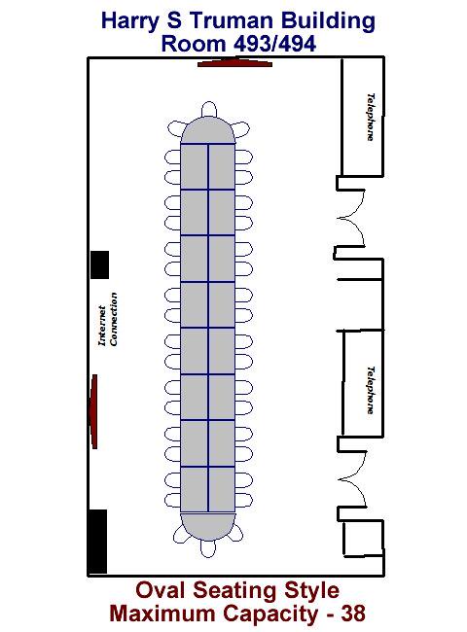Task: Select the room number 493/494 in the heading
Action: (275, 44)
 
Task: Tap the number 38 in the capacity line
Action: (353, 614)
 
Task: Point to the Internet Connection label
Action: (108, 319)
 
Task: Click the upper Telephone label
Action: (371, 117)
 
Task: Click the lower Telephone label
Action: (371, 390)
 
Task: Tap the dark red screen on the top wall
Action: (234, 63)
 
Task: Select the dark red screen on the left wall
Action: (93, 411)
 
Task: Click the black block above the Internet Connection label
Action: (99, 264)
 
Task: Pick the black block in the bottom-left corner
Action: (98, 542)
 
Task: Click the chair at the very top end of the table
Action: (208, 109)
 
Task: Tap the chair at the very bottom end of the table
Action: (208, 548)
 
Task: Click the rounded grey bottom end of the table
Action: (207, 526)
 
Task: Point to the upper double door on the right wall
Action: (351, 218)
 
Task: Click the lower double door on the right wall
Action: (352, 478)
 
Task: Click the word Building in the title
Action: (328, 21)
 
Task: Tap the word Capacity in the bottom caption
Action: (269, 614)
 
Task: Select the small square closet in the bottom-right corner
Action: (363, 538)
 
